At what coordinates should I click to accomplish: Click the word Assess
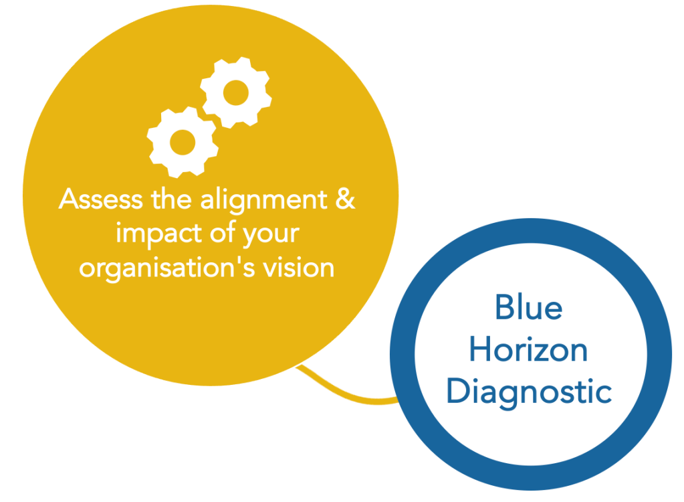[x=101, y=199]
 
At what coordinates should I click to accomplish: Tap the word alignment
[x=264, y=201]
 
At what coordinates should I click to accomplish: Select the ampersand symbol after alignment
[x=346, y=199]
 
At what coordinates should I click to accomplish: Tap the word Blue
[x=529, y=307]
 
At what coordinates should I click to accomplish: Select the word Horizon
[x=528, y=349]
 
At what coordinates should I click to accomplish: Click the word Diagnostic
[x=529, y=392]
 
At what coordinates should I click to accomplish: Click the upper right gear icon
[x=236, y=92]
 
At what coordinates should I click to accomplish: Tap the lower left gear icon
[x=183, y=143]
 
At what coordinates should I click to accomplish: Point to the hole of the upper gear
[x=236, y=92]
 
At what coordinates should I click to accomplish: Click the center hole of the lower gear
[x=183, y=143]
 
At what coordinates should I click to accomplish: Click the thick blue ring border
[x=403, y=353]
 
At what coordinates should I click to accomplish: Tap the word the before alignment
[x=171, y=199]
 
